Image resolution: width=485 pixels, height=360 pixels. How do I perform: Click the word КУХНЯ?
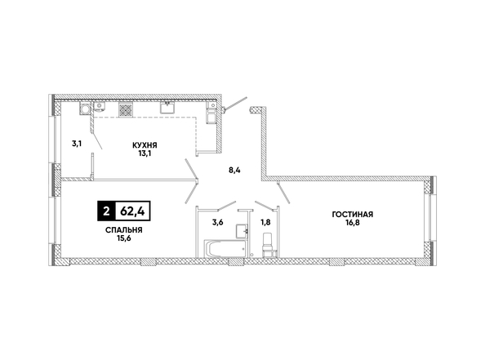pyautogui.click(x=145, y=145)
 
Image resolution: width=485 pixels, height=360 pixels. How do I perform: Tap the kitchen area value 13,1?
pyautogui.click(x=145, y=153)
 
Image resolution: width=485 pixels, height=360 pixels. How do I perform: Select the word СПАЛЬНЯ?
pyautogui.click(x=124, y=230)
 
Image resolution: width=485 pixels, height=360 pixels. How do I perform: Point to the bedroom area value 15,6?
pyautogui.click(x=124, y=238)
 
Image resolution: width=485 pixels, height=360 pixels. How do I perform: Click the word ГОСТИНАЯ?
pyautogui.click(x=352, y=215)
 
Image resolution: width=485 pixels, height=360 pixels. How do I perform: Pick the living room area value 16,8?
pyautogui.click(x=352, y=223)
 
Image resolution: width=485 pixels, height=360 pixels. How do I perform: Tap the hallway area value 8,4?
pyautogui.click(x=234, y=170)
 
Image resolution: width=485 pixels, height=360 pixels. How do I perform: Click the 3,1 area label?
pyautogui.click(x=77, y=144)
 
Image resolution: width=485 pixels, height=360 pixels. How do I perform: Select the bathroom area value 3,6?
pyautogui.click(x=217, y=222)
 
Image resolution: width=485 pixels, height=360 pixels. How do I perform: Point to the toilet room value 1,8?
pyautogui.click(x=266, y=222)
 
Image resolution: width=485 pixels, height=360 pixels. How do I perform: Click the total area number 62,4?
pyautogui.click(x=133, y=211)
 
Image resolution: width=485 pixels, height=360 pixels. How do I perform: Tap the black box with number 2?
pyautogui.click(x=106, y=211)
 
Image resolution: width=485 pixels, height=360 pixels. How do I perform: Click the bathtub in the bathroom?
pyautogui.click(x=225, y=249)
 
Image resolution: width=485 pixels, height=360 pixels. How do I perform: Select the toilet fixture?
pyautogui.click(x=268, y=245)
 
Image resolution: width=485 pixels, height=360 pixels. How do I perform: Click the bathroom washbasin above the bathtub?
pyautogui.click(x=242, y=231)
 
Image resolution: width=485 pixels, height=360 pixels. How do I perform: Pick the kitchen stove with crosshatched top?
pyautogui.click(x=126, y=109)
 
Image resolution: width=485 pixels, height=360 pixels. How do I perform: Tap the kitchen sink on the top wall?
pyautogui.click(x=168, y=108)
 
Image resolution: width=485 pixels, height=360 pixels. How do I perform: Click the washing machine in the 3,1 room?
pyautogui.click(x=85, y=109)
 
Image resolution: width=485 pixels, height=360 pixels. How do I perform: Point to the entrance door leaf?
pyautogui.click(x=236, y=104)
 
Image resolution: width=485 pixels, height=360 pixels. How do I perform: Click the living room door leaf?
pyautogui.click(x=283, y=193)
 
